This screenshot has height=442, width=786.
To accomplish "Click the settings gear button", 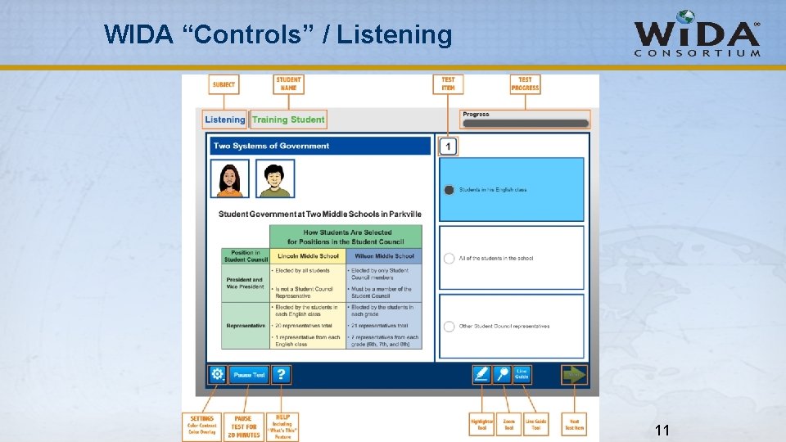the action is click(217, 374).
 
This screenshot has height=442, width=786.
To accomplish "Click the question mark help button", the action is click(281, 374).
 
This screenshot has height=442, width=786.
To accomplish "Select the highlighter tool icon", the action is click(481, 374).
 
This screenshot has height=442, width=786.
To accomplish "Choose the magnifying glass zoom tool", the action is click(502, 374).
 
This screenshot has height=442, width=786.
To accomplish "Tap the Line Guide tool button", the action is click(522, 374).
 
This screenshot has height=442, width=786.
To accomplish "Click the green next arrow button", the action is click(574, 374).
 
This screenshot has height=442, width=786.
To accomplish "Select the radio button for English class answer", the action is click(449, 190).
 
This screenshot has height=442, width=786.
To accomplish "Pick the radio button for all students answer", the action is click(449, 258).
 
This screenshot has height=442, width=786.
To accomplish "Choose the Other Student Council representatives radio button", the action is click(449, 327).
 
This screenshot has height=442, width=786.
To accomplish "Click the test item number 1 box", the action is click(448, 147).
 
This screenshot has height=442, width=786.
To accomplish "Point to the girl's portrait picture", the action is click(230, 178).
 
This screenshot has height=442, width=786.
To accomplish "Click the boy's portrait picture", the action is click(275, 178).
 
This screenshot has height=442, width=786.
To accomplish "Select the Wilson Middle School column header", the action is click(385, 256).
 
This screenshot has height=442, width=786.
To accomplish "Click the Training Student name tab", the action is click(288, 120).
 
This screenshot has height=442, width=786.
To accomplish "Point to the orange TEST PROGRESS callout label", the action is click(526, 84).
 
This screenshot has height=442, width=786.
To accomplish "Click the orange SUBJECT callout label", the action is click(224, 84).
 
